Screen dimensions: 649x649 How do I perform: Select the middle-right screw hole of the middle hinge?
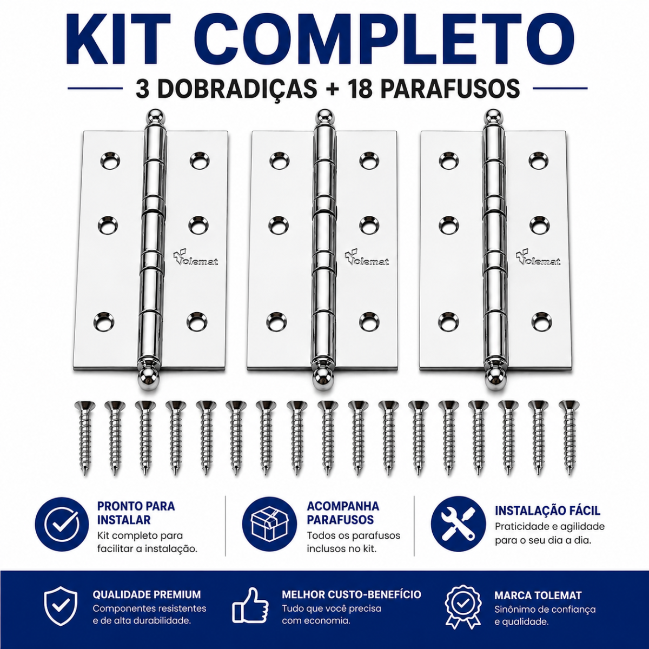369,224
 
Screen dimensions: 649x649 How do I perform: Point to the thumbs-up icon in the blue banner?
250,606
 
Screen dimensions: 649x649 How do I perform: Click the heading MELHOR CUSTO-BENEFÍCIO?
352,594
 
